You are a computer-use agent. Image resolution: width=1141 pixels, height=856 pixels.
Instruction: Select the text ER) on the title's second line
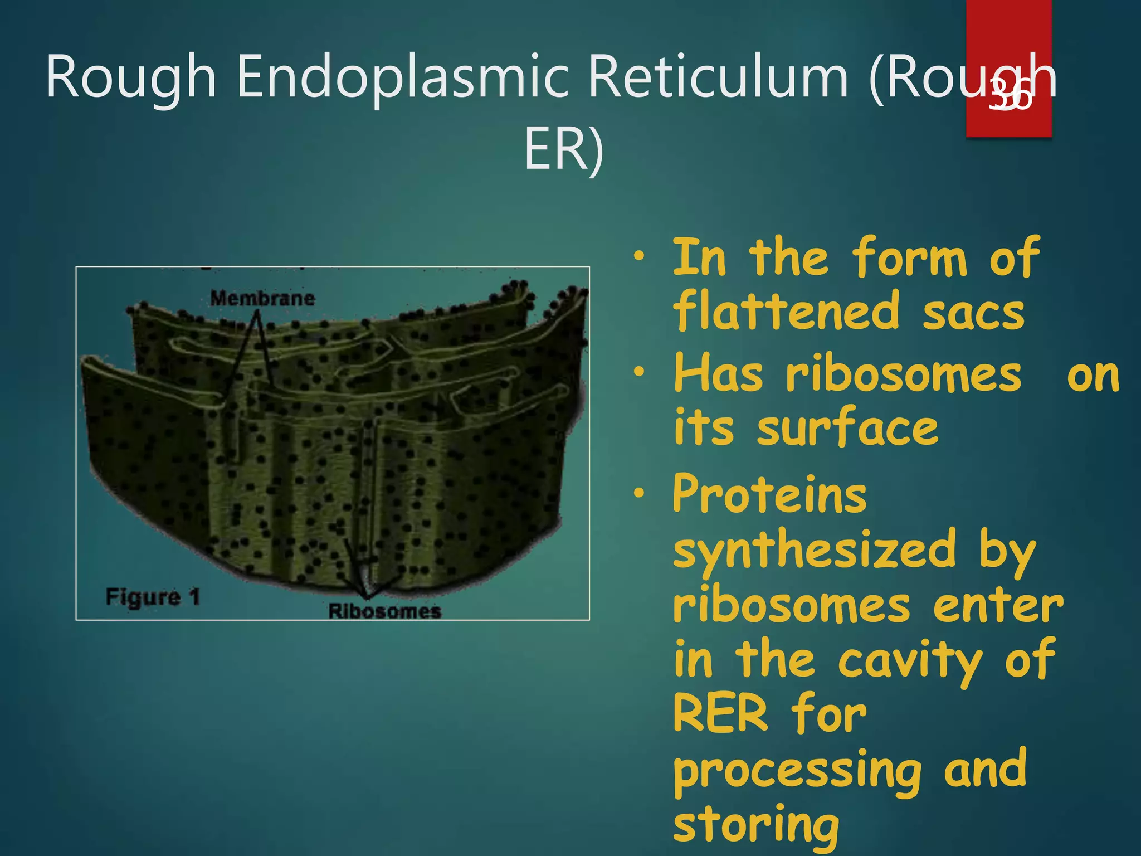563,149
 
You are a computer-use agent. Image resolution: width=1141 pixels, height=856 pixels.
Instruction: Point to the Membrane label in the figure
262,298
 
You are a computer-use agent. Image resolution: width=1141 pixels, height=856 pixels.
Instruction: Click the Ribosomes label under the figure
384,611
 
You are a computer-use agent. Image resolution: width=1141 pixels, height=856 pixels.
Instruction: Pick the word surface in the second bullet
847,428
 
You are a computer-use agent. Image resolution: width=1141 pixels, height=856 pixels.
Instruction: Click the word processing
797,772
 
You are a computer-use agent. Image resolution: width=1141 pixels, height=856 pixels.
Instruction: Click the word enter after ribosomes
998,606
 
